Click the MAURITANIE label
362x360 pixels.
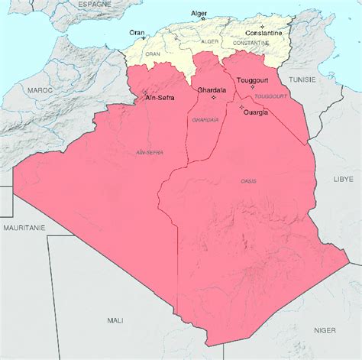coord(23,228)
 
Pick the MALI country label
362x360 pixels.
coord(115,320)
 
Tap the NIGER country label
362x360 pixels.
coord(325,330)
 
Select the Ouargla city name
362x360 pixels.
coord(256,113)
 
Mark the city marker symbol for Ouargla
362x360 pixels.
coord(242,108)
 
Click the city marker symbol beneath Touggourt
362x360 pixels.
coord(253,87)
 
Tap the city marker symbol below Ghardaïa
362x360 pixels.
coord(213,97)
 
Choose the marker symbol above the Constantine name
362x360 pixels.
coord(263,26)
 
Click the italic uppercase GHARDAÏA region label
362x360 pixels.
coord(205,120)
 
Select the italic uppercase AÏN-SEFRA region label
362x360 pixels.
coord(149,153)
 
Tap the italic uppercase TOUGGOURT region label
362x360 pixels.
coord(268,96)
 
